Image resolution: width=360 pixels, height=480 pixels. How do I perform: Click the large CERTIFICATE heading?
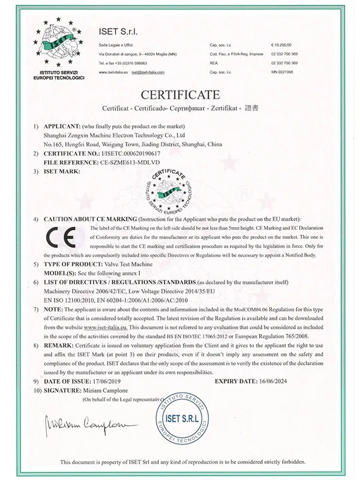coord(179,94)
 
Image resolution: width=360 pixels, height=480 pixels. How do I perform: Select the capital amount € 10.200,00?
coord(286,45)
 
